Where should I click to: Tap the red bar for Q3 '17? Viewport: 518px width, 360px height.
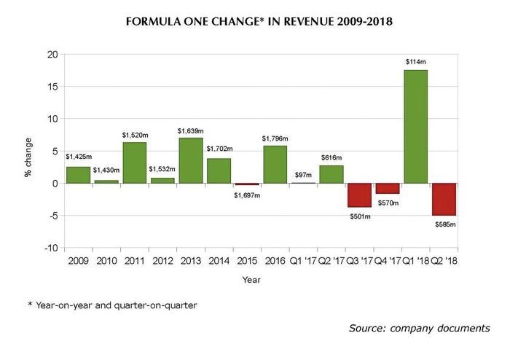(x=359, y=195)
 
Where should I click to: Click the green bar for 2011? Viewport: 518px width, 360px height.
(x=134, y=163)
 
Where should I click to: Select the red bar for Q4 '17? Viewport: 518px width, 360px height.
(x=387, y=188)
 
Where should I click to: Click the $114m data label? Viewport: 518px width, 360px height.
(x=415, y=62)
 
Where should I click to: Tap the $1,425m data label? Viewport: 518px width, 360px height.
(x=78, y=156)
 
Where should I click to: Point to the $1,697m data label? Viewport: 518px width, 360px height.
(x=247, y=195)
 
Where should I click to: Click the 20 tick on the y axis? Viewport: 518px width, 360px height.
(x=52, y=55)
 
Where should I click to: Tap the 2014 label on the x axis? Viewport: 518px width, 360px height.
(x=219, y=259)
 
